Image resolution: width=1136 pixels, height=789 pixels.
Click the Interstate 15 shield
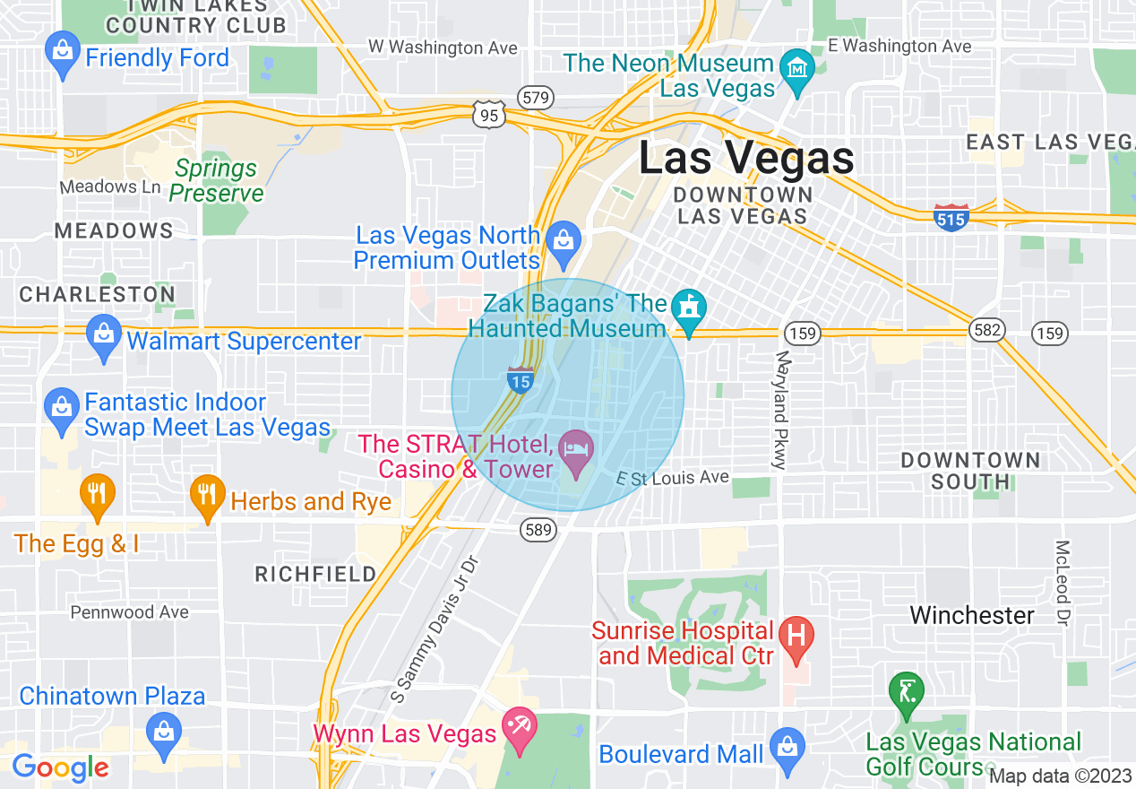521,379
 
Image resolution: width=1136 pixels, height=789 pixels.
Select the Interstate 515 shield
951,217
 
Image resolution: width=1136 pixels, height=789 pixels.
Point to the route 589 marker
537,531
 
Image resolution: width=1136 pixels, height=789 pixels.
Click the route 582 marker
986,331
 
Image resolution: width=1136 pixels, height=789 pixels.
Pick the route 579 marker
537,97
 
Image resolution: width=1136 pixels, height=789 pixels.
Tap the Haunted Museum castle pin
688,309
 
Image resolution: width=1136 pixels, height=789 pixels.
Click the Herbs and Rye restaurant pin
207,494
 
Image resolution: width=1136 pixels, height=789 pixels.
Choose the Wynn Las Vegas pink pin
518,726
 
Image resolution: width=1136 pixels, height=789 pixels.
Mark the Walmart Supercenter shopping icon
104,334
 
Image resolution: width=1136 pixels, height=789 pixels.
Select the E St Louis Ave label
673,478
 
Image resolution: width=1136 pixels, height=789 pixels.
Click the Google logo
60,767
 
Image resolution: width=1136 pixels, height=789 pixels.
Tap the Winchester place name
972,615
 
